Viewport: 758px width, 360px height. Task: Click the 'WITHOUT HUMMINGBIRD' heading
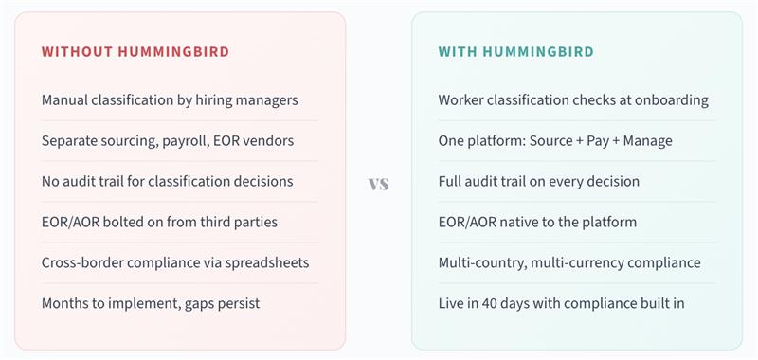click(135, 52)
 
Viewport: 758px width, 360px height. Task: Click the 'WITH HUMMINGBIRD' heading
click(515, 52)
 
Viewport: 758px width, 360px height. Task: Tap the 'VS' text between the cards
click(378, 183)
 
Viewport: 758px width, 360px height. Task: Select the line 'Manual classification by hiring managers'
click(170, 99)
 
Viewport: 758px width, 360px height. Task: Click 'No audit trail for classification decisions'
click(167, 181)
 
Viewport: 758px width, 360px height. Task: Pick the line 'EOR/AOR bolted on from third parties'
click(159, 222)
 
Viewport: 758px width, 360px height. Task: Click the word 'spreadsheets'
click(268, 262)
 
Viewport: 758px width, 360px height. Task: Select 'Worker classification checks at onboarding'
click(573, 99)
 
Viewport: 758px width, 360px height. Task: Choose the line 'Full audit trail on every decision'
click(538, 181)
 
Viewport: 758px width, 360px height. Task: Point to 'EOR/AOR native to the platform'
click(537, 222)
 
